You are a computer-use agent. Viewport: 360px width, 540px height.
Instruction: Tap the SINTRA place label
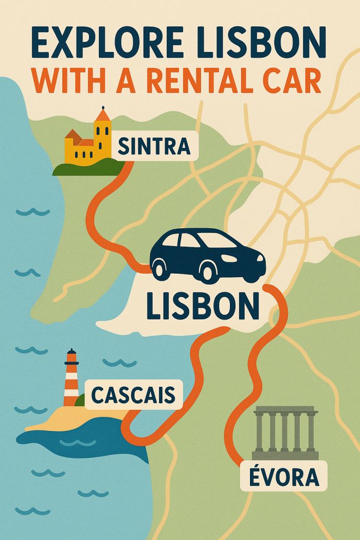[154, 147]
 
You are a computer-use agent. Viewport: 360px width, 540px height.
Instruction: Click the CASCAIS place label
[133, 395]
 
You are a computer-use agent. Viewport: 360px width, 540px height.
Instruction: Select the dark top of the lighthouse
[71, 355]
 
